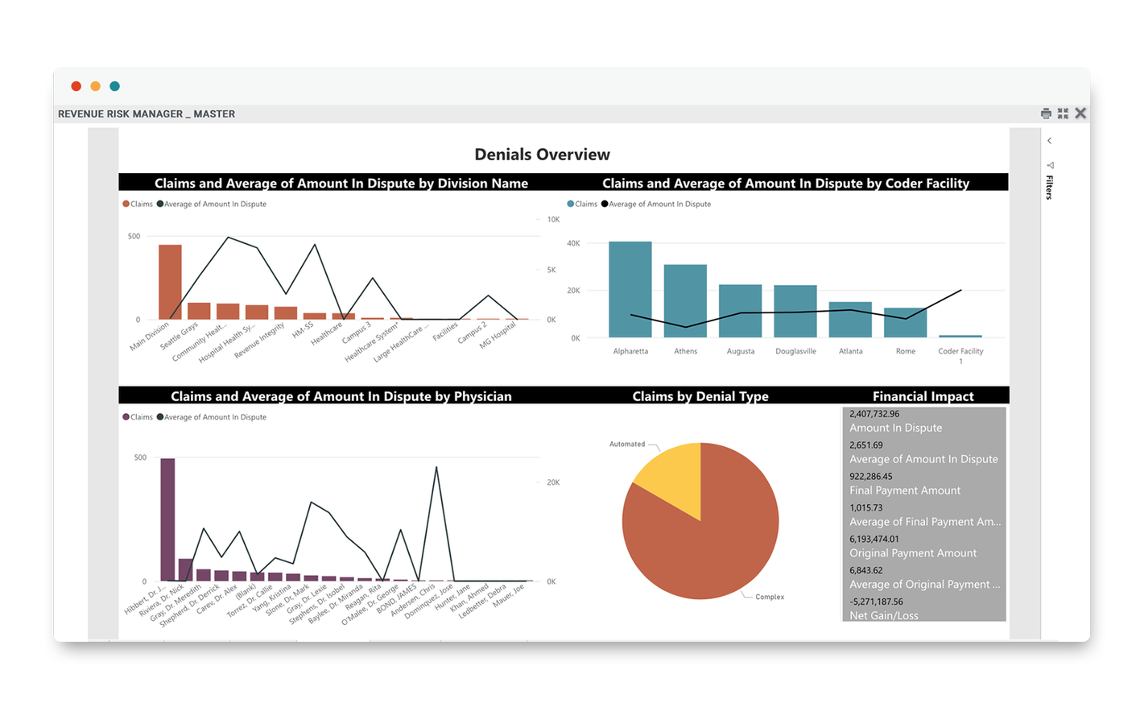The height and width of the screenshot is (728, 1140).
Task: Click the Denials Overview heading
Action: click(542, 155)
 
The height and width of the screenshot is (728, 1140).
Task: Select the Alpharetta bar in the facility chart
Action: click(630, 290)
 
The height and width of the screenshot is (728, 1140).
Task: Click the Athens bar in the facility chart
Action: click(685, 301)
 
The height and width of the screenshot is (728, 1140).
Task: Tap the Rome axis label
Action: click(905, 351)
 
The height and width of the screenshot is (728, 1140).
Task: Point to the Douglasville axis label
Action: click(795, 351)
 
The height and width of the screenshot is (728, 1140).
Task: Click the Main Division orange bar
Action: click(170, 283)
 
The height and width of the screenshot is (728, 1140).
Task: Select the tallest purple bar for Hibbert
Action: click(167, 519)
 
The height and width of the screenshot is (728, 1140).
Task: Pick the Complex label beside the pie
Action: click(769, 597)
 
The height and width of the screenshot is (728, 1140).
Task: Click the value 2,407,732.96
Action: click(874, 414)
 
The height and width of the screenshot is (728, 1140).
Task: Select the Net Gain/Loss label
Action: click(883, 615)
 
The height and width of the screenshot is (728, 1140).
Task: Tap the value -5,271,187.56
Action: click(876, 602)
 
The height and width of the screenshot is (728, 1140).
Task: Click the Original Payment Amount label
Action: click(912, 553)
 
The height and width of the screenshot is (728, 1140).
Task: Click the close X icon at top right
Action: click(1080, 114)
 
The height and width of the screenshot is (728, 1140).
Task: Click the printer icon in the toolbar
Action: click(1046, 114)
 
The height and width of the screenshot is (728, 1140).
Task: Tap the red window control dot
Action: click(76, 86)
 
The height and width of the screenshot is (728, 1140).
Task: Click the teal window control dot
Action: click(115, 86)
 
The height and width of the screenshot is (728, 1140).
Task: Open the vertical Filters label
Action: click(1049, 187)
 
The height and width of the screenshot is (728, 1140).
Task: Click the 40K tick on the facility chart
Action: click(573, 243)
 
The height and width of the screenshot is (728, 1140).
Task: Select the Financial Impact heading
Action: click(923, 396)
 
